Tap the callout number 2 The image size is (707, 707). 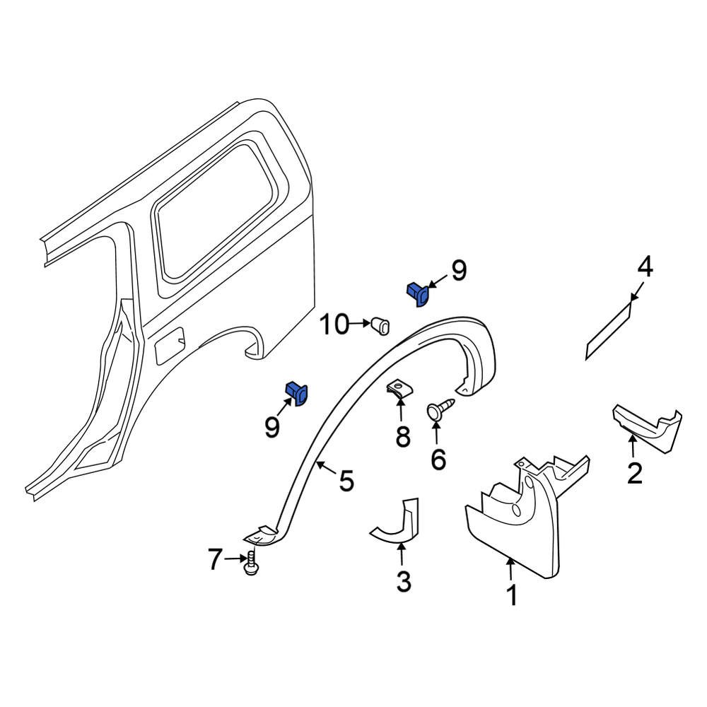point(634,472)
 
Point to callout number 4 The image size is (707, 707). point(644,267)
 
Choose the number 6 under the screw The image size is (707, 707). point(438,460)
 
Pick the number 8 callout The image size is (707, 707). point(402,438)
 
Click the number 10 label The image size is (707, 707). point(334,325)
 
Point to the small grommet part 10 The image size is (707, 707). point(381,325)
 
